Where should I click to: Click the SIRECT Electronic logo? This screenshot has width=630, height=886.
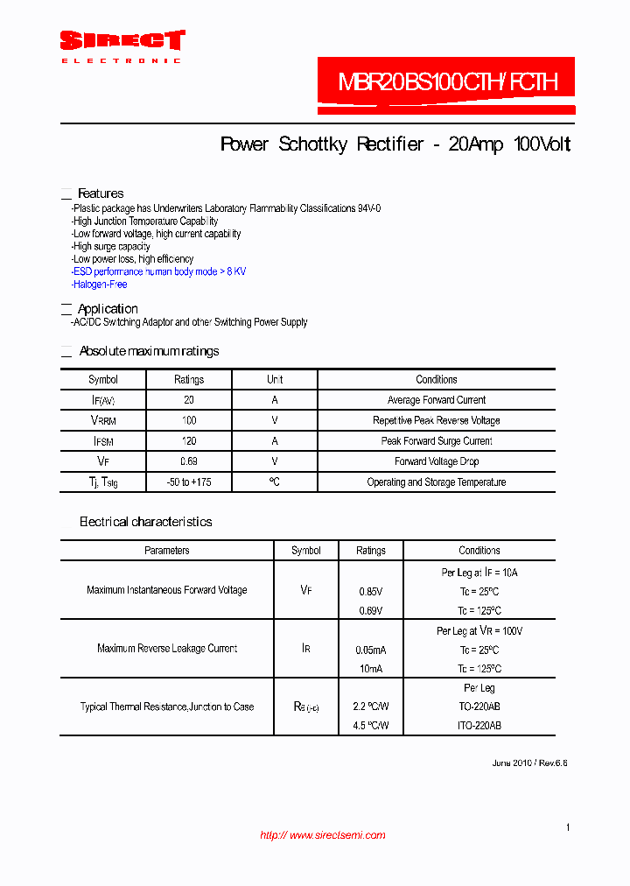[x=122, y=46]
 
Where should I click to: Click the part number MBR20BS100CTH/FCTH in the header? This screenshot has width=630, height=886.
[x=447, y=83]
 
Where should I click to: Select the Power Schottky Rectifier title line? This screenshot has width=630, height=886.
[x=395, y=144]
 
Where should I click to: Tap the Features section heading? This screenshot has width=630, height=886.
[x=101, y=193]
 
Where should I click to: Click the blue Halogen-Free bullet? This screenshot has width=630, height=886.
[x=101, y=285]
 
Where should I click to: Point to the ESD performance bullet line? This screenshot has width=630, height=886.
[x=159, y=271]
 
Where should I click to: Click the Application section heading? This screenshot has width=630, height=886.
[x=108, y=309]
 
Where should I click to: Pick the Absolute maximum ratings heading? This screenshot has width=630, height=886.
[x=149, y=351]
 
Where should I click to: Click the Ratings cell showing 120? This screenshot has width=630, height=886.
[x=189, y=441]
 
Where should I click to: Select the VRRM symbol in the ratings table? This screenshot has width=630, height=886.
[x=103, y=421]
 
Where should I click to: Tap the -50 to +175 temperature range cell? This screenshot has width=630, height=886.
[x=189, y=482]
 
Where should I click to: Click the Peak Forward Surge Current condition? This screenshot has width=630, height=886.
[x=436, y=441]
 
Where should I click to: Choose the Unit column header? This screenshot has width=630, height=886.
[x=275, y=380]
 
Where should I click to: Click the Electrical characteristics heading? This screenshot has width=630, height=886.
[x=145, y=522]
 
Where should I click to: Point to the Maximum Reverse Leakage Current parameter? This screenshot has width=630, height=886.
[x=167, y=649]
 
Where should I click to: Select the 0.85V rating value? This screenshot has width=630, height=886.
[x=371, y=591]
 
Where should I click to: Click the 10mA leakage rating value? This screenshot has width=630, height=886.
[x=371, y=669]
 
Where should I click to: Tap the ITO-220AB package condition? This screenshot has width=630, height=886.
[x=479, y=726]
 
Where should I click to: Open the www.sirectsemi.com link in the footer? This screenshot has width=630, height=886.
[x=323, y=835]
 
